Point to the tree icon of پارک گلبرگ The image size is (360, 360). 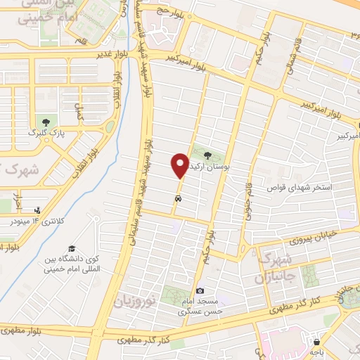coord(46,123)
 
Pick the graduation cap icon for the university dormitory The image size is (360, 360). coord(71,250)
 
